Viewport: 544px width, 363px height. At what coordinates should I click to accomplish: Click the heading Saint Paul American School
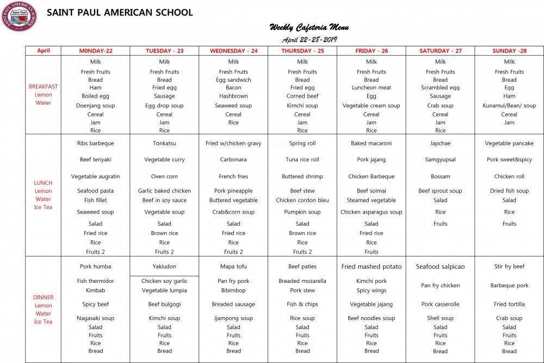click(120, 13)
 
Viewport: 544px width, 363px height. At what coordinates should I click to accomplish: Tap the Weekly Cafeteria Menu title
click(309, 28)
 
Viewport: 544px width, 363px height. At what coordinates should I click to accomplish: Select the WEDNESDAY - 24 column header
click(233, 51)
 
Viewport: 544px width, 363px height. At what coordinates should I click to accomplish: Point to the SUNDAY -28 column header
click(509, 51)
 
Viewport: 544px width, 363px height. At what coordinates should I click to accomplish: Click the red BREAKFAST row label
click(44, 86)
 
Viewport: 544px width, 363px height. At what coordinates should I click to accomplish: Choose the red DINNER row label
click(44, 297)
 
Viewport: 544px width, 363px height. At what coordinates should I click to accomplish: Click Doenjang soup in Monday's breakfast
click(95, 106)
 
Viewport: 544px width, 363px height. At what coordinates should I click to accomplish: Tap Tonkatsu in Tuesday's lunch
click(164, 143)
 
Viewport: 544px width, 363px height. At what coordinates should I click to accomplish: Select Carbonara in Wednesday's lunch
click(233, 160)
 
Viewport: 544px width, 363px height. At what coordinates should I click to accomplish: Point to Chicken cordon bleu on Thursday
click(302, 200)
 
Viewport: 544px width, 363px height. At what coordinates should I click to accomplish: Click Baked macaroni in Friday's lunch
click(372, 143)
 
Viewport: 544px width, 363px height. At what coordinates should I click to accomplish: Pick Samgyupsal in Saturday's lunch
click(441, 160)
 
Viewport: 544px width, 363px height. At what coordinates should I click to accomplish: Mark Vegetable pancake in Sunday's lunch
click(509, 143)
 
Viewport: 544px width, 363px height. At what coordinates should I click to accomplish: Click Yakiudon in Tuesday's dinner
click(164, 267)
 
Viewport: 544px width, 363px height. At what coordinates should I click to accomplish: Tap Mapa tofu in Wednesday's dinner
click(233, 267)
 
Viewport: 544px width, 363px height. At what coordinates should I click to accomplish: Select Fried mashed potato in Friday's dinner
click(372, 267)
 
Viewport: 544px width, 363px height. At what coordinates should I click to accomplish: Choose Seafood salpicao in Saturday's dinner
click(441, 267)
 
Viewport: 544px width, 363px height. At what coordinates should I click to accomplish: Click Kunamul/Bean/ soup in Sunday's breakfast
click(509, 106)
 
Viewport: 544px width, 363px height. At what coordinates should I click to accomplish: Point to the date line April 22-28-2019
click(309, 40)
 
